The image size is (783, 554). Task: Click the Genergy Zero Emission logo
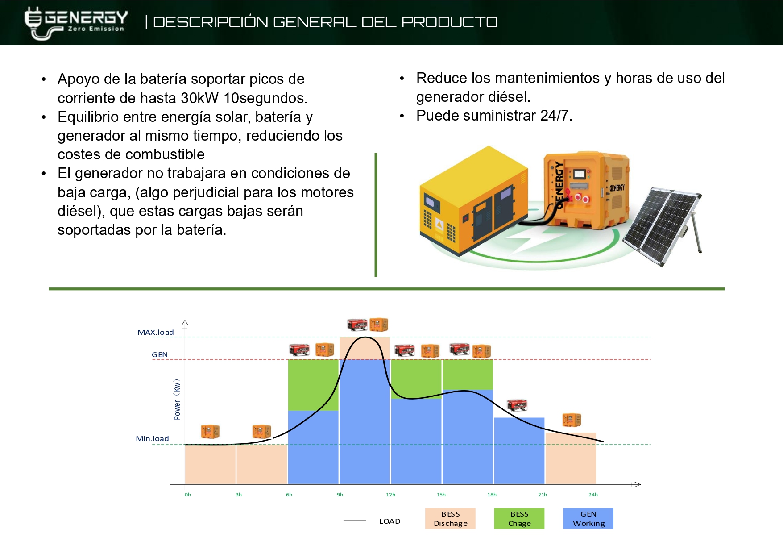tap(76, 23)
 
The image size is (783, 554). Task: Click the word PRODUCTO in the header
tap(449, 22)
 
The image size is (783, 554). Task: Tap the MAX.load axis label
tap(155, 332)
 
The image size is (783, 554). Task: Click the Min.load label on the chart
tap(152, 438)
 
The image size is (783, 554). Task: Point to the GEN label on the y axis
tap(160, 355)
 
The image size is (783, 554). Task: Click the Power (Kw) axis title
tap(177, 400)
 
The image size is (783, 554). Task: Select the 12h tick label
tap(390, 495)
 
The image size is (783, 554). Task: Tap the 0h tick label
tap(188, 495)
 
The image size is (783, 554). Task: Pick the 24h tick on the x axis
tap(593, 495)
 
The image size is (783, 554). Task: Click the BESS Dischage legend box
tap(450, 519)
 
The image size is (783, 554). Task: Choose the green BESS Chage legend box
tap(519, 519)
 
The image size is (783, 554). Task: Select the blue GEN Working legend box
tap(588, 519)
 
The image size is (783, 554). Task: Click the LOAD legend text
tap(389, 521)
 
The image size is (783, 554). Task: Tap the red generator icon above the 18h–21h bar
tap(517, 405)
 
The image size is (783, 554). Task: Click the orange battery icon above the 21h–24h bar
tap(572, 420)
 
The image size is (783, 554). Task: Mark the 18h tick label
tap(492, 495)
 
